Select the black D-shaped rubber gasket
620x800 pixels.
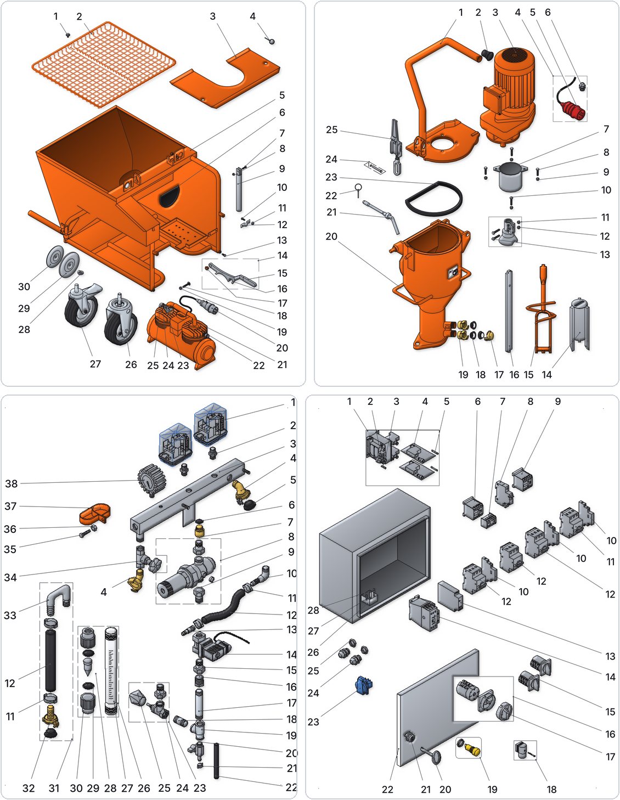point(433,200)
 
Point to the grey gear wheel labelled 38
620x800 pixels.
point(151,480)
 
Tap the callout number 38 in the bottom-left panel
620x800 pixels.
point(11,483)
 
